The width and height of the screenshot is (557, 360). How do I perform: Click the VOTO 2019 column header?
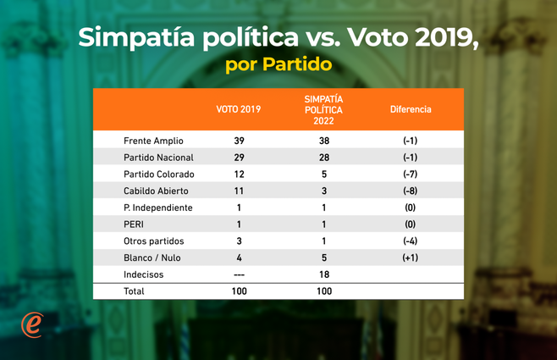pos(239,109)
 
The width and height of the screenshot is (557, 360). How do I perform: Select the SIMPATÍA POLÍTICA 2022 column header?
pos(323,109)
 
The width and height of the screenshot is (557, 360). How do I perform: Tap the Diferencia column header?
pos(410,109)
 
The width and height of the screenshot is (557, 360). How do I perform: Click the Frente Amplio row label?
pos(153,141)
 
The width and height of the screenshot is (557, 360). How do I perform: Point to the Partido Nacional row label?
pos(158,158)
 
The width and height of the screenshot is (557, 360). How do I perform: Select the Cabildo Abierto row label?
pos(156,191)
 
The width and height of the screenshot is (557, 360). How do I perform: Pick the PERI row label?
pos(135,224)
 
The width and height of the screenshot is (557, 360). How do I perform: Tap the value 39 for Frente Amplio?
pos(239,141)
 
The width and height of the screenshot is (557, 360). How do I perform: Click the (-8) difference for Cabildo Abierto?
pos(410,191)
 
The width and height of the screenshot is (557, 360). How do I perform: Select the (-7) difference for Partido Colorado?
pos(410,174)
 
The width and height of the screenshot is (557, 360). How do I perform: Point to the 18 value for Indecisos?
pos(323,274)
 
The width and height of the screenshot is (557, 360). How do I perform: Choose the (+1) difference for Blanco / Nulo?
pos(410,258)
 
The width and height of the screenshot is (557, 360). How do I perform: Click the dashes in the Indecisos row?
pos(239,274)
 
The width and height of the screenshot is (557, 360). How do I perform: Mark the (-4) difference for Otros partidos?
pos(410,241)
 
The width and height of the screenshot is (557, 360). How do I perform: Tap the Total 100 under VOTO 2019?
pos(239,291)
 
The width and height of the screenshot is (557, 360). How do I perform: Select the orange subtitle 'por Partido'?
pos(278,64)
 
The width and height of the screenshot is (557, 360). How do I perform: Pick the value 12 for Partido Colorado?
pos(239,174)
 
